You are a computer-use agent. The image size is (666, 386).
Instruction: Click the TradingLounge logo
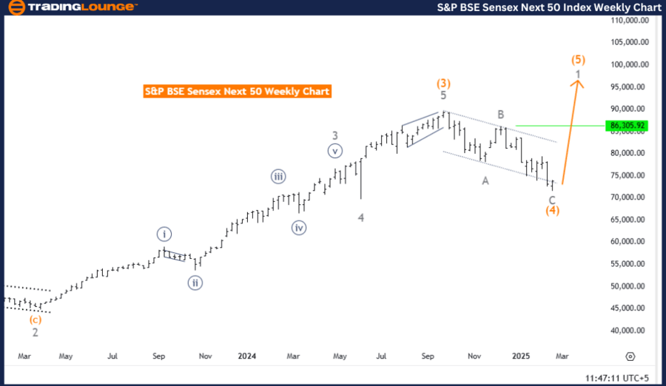71,7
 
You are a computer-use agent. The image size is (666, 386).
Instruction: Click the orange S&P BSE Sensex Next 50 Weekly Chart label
237,92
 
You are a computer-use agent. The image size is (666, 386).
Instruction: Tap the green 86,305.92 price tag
628,126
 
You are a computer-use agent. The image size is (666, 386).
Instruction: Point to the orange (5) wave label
579,59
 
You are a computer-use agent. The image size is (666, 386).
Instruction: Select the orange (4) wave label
552,211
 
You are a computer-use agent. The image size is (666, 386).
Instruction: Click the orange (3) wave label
443,84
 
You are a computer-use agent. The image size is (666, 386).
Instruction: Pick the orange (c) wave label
35,320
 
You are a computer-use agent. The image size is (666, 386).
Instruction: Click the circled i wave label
164,234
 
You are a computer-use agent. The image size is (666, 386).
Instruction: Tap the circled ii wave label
195,282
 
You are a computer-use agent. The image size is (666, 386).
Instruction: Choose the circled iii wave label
278,176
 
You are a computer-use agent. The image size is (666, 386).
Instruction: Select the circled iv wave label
299,228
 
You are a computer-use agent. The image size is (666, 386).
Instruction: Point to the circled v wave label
335,151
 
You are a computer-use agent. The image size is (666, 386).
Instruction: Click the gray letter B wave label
501,115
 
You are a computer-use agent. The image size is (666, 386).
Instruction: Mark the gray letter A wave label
485,180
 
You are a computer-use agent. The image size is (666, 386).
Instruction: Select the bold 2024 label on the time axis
246,356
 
